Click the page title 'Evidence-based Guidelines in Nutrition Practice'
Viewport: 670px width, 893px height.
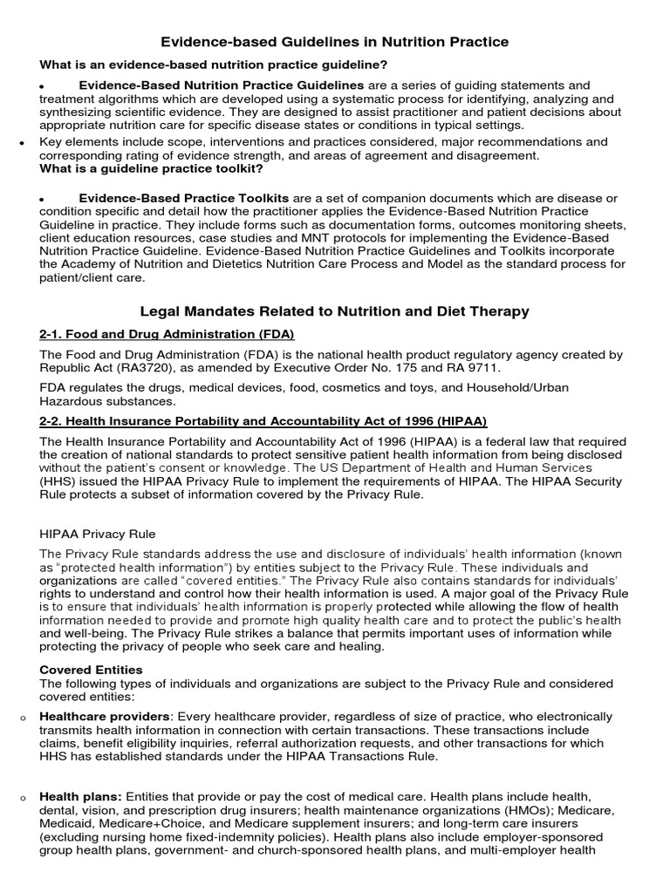click(335, 42)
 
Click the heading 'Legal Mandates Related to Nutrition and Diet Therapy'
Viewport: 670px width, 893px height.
click(335, 311)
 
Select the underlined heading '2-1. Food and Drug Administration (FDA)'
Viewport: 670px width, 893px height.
click(167, 334)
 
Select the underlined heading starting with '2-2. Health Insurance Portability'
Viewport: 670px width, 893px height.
click(263, 420)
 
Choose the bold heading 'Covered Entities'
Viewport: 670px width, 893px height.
click(91, 670)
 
